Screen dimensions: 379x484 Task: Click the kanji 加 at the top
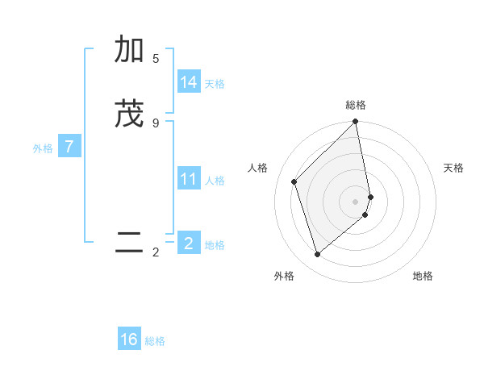(129, 50)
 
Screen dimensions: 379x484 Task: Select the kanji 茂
(129, 114)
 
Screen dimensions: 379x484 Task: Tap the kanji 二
(129, 243)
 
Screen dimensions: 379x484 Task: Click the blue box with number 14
(189, 82)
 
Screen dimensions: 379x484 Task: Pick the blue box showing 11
(189, 179)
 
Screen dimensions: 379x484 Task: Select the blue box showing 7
(69, 147)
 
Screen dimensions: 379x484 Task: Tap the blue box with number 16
(129, 339)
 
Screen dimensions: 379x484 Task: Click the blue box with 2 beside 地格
(189, 243)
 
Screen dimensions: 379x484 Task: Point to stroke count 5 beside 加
(156, 59)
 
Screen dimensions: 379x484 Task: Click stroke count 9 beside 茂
(156, 123)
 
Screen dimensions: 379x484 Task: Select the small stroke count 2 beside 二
(156, 252)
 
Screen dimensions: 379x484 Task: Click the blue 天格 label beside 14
(215, 84)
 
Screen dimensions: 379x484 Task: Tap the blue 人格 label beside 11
(215, 181)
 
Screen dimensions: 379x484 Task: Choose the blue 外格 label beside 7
(43, 148)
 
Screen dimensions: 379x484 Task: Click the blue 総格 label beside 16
(155, 341)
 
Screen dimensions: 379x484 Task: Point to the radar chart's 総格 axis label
(356, 105)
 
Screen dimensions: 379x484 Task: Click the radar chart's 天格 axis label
(454, 168)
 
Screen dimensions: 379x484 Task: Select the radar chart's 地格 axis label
(423, 276)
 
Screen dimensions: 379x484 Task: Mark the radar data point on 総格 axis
(356, 123)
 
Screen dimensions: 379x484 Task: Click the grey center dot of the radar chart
(356, 201)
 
